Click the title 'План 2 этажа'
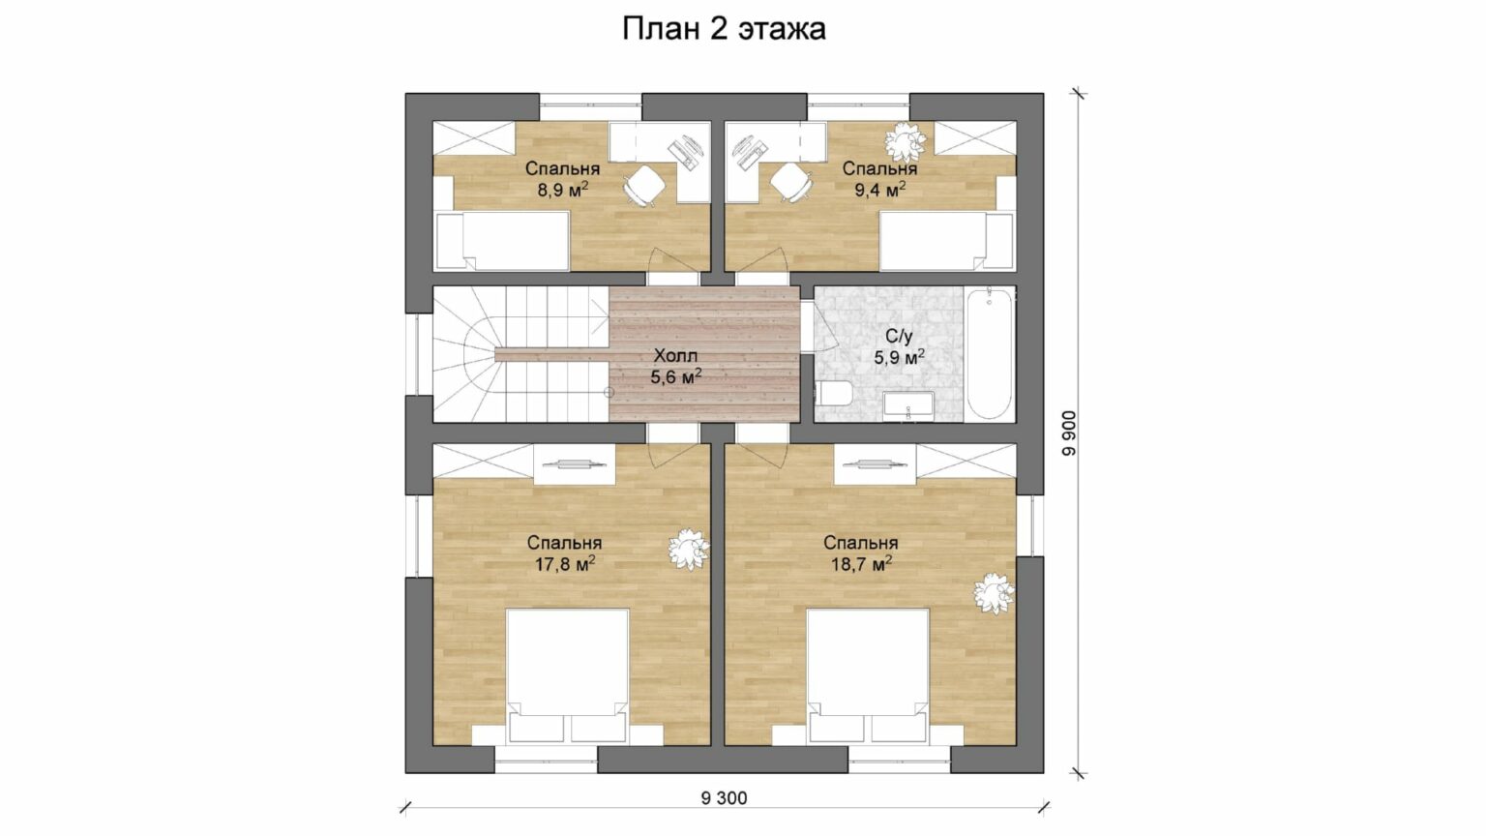pyautogui.click(x=724, y=29)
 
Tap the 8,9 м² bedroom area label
pyautogui.click(x=563, y=191)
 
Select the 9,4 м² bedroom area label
pyautogui.click(x=880, y=191)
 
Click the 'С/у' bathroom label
pyautogui.click(x=899, y=336)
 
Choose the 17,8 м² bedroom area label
pyautogui.click(x=565, y=564)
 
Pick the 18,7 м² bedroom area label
pyautogui.click(x=861, y=564)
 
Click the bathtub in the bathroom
pyautogui.click(x=989, y=353)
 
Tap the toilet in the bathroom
pyautogui.click(x=833, y=394)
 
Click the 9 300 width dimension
pyautogui.click(x=724, y=798)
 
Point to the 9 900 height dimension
pyautogui.click(x=1069, y=433)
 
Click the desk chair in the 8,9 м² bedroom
pyautogui.click(x=644, y=184)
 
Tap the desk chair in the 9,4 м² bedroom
pyautogui.click(x=792, y=183)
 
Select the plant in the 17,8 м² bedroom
pyautogui.click(x=689, y=549)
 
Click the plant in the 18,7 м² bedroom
pyautogui.click(x=994, y=594)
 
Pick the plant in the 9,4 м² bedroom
pyautogui.click(x=905, y=142)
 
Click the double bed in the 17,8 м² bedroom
pyautogui.click(x=567, y=675)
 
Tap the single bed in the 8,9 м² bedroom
pyautogui.click(x=501, y=241)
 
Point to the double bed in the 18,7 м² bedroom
pyautogui.click(x=868, y=675)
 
